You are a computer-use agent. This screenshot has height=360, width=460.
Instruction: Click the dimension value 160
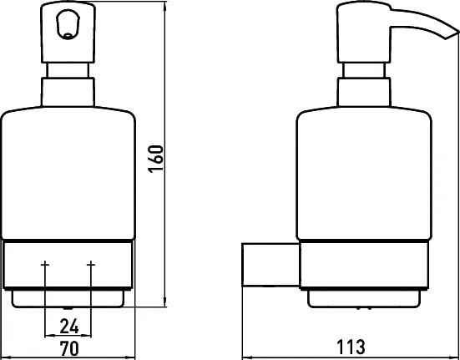(156, 159)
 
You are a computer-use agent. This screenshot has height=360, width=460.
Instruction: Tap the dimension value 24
(69, 326)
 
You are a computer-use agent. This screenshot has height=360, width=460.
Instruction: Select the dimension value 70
(69, 348)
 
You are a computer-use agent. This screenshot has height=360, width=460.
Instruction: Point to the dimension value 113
(351, 347)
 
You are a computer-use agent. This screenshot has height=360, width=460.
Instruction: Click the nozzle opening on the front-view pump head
(68, 24)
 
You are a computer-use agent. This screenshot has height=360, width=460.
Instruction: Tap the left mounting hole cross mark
(45, 265)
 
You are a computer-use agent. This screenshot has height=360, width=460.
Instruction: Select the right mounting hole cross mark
(91, 265)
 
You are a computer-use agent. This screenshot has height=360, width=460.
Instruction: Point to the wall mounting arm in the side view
(270, 264)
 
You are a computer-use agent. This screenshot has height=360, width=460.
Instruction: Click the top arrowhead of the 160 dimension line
(164, 7)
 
